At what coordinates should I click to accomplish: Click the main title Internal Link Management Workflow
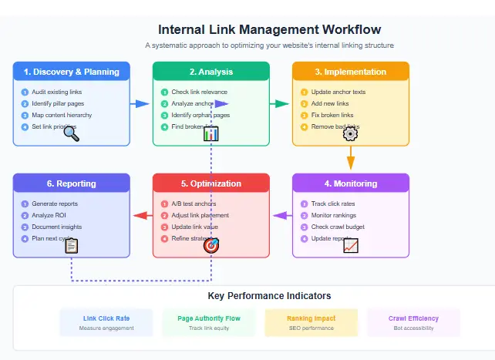click(x=269, y=30)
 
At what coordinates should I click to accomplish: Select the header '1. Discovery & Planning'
click(x=71, y=72)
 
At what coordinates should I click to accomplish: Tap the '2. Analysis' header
click(x=210, y=72)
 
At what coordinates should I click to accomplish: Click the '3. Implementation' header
click(x=350, y=72)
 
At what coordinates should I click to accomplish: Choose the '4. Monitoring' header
click(x=350, y=183)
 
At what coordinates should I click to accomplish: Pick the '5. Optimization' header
click(x=210, y=183)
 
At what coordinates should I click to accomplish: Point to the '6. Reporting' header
click(x=71, y=183)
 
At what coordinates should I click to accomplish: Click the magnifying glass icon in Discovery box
click(x=71, y=133)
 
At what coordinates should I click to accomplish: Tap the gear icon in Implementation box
click(x=350, y=133)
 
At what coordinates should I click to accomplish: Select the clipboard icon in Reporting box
click(x=71, y=246)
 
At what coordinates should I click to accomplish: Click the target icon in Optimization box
click(x=210, y=246)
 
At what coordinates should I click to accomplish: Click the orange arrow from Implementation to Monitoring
click(x=350, y=160)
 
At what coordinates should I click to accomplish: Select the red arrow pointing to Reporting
click(x=142, y=215)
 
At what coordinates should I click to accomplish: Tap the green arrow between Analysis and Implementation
click(x=280, y=103)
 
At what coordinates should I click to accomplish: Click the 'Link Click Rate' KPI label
click(x=106, y=318)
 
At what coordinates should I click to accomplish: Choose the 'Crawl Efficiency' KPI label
click(x=413, y=318)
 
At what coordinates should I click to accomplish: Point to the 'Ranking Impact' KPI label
click(x=311, y=318)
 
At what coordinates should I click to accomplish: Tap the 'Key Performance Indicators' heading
click(x=269, y=295)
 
